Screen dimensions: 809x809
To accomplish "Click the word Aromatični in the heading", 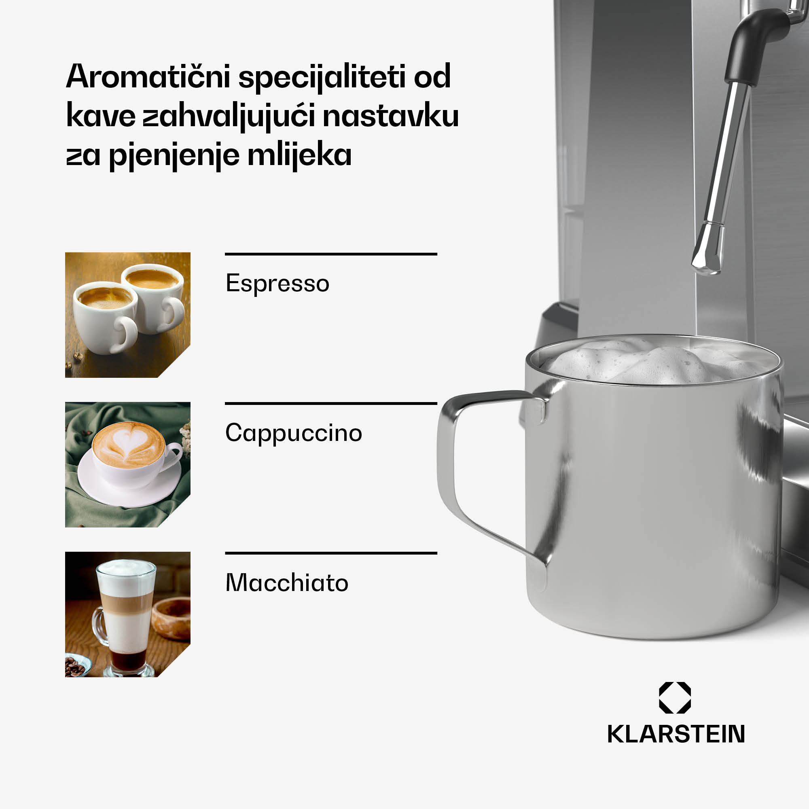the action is [x=148, y=76].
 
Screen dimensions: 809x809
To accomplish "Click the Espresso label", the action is [x=277, y=283].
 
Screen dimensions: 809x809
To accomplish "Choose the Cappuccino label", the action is [x=294, y=432].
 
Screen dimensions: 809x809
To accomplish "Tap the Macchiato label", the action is [x=287, y=582].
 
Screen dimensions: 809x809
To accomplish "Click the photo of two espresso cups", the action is [x=128, y=315].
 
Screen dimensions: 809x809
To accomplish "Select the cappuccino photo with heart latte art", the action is [x=128, y=464].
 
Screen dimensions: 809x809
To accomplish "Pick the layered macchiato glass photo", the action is [x=128, y=614].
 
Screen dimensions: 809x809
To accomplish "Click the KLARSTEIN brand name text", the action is [x=676, y=734].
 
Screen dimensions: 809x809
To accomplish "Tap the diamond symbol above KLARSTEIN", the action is [x=675, y=698].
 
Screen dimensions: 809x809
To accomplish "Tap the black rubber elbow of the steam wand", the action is [x=754, y=42].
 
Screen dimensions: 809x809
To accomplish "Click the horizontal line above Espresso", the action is [x=331, y=254].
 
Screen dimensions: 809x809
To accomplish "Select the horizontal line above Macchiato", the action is [x=331, y=553].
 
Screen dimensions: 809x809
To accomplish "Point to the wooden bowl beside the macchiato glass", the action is [x=172, y=618].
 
